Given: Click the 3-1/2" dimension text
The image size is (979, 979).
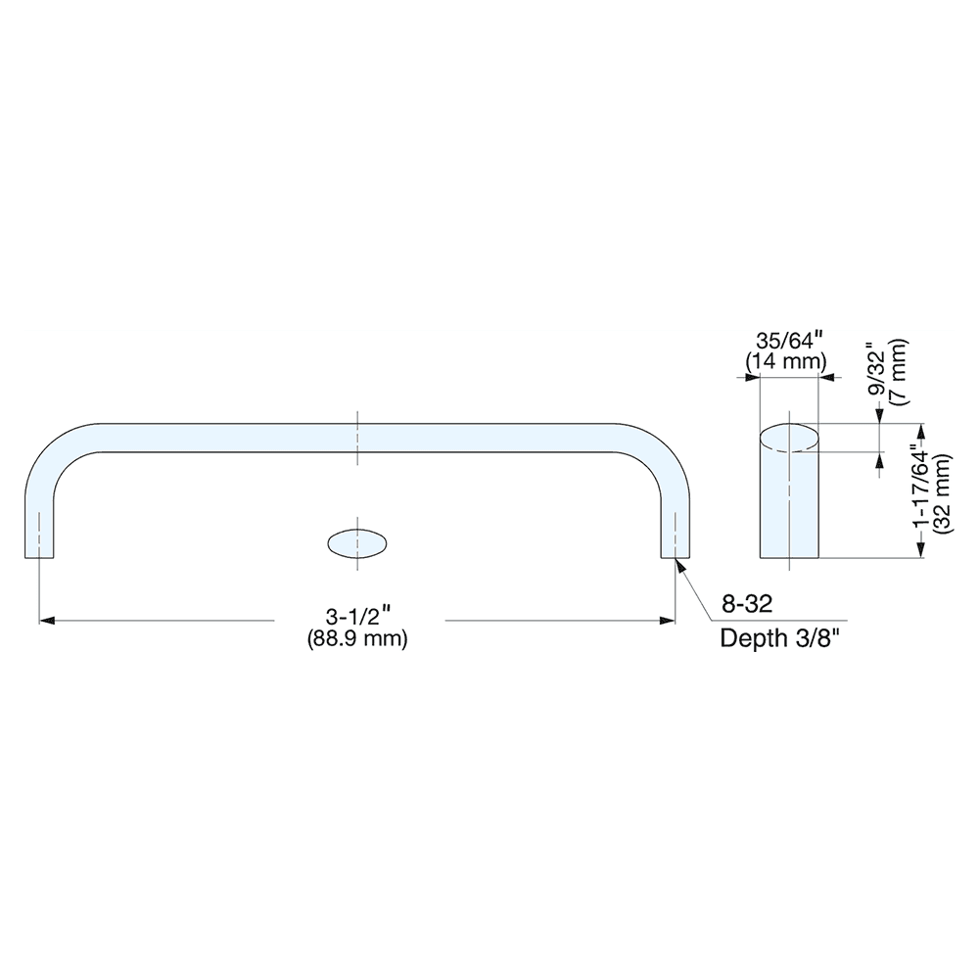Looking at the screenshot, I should tap(359, 618).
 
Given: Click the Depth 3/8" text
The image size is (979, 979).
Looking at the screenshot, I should tap(780, 639).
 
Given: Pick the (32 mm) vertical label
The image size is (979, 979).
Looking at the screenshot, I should tap(942, 492).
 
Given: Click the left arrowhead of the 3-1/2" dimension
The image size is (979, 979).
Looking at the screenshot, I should tap(45, 620).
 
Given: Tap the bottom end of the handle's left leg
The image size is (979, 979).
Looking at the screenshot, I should tap(39, 556).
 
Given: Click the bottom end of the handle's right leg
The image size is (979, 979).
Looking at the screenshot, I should tap(676, 556).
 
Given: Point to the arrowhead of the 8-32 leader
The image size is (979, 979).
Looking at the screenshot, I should tap(680, 564).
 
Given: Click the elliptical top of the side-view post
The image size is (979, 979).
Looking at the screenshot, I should tap(789, 437).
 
